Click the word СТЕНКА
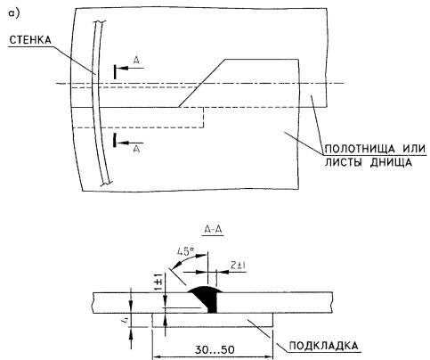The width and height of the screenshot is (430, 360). click(30, 40)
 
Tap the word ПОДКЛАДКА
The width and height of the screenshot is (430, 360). click(324, 346)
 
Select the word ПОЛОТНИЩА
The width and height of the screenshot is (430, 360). click(360, 149)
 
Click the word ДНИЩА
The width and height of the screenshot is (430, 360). click(391, 162)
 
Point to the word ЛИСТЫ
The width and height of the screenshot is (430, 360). click(344, 162)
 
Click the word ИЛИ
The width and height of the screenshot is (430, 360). click(414, 149)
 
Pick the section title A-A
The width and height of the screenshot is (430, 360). click(214, 230)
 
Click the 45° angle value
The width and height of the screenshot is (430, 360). click(186, 252)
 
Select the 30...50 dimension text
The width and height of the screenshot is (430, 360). click(215, 349)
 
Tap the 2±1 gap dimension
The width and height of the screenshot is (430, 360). click(239, 265)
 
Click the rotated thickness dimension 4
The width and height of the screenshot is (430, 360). click(126, 320)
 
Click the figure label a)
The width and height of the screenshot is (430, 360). click(14, 13)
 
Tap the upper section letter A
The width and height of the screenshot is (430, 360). click(136, 61)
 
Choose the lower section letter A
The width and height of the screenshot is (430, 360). click(136, 149)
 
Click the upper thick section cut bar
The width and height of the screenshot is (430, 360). click(115, 71)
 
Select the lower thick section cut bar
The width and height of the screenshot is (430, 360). click(115, 140)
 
